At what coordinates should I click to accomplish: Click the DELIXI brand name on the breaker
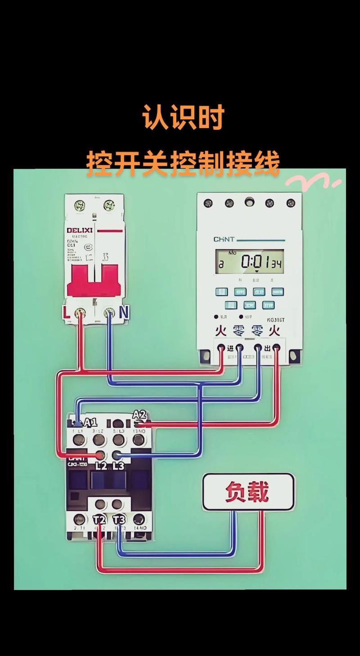[80, 230]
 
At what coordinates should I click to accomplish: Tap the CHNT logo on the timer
[224, 239]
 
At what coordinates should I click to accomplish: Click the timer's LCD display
[249, 262]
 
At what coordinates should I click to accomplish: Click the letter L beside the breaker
[67, 312]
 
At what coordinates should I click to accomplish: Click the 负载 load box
[248, 492]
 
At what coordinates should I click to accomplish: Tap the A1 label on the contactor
[91, 422]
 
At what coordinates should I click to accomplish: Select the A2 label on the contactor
[139, 414]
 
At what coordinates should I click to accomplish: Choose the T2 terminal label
[99, 520]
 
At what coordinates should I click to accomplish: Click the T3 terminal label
[118, 520]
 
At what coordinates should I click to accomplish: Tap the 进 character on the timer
[230, 348]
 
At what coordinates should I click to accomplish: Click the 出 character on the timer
[267, 348]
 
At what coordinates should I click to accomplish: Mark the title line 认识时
[183, 118]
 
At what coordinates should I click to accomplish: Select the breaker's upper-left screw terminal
[81, 205]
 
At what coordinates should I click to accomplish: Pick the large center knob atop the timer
[249, 202]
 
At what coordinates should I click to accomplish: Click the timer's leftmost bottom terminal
[221, 347]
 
